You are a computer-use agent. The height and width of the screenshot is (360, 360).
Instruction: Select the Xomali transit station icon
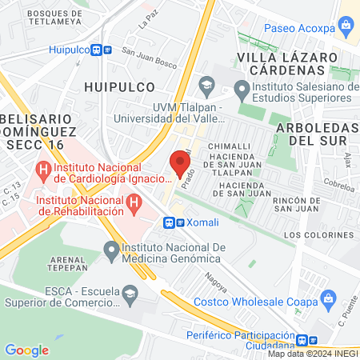pyautogui.click(x=170, y=223)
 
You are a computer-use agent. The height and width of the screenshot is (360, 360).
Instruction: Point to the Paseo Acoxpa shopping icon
pyautogui.click(x=346, y=25)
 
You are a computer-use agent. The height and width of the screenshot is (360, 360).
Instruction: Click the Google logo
pyautogui.click(x=26, y=350)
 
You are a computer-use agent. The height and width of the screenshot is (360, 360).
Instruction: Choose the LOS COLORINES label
pyautogui.click(x=315, y=235)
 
